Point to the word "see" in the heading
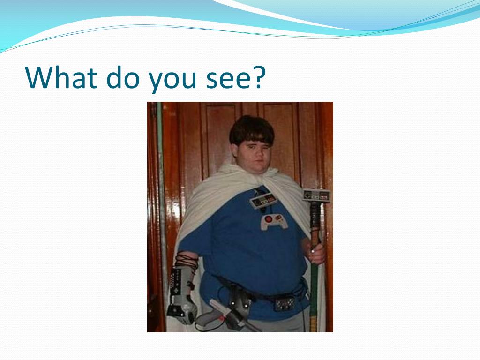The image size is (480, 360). [230, 80]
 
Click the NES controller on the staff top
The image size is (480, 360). [316, 195]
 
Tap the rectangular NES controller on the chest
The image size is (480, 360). [263, 200]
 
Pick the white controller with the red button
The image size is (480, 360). [273, 222]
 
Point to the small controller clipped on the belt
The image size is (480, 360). [285, 303]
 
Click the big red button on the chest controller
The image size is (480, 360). [268, 219]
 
